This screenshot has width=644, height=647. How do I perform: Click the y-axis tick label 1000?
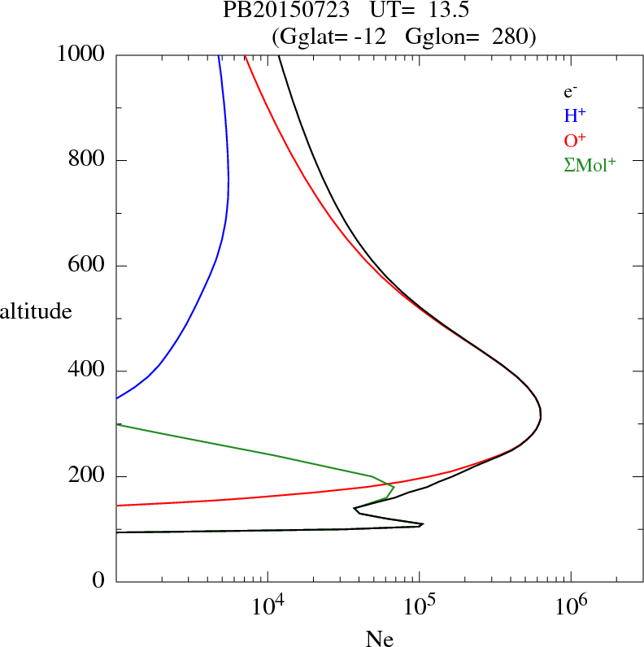pyautogui.click(x=81, y=55)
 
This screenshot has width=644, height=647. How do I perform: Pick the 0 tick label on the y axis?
pyautogui.click(x=99, y=582)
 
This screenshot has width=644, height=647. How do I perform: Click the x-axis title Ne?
pyautogui.click(x=379, y=638)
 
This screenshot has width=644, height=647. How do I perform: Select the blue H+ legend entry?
pyautogui.click(x=575, y=116)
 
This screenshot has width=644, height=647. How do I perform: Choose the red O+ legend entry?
pyautogui.click(x=575, y=140)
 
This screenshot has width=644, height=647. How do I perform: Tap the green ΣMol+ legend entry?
pyautogui.click(x=589, y=164)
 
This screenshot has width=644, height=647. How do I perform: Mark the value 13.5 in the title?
pyautogui.click(x=441, y=11)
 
